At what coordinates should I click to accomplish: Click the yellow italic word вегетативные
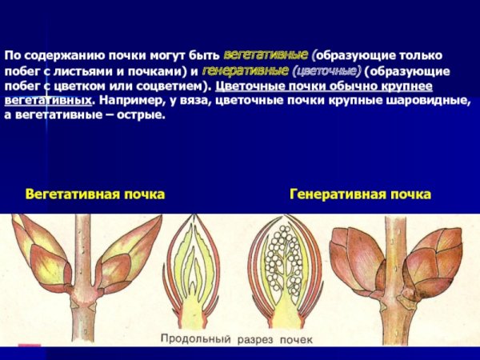266,57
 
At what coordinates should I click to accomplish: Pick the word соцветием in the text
171,86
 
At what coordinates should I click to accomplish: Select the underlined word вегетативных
46,102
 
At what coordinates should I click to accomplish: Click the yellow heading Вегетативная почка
94,194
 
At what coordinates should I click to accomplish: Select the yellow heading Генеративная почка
360,194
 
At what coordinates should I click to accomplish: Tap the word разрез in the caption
254,339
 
